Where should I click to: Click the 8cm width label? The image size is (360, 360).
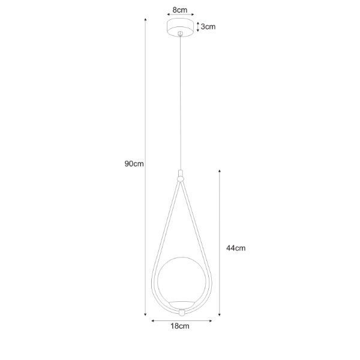tap(179, 10)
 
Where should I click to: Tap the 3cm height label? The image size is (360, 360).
tap(208, 27)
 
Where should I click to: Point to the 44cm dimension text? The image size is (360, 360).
tap(236, 248)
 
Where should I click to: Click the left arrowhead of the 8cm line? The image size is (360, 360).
tap(167, 17)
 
